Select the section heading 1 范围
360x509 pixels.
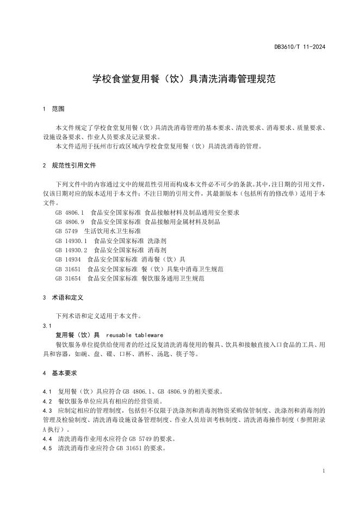pos(53,109)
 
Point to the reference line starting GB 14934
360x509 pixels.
pos(120,259)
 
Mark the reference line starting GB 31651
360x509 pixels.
pos(139,269)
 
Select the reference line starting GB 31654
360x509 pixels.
pos(129,278)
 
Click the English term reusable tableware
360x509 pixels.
pos(134,335)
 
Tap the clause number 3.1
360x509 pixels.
pos(46,325)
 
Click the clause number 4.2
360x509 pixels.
pos(47,401)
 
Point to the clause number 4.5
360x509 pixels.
pos(47,449)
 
